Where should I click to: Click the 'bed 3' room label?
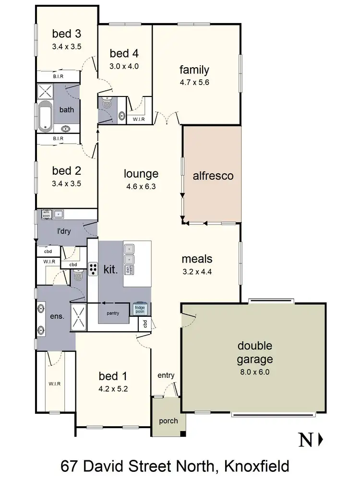click(67, 34)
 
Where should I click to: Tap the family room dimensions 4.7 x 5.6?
click(194, 82)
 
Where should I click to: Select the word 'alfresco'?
click(213, 176)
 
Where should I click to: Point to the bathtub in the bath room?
click(45, 117)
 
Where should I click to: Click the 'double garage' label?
click(255, 352)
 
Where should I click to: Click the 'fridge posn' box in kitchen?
click(140, 310)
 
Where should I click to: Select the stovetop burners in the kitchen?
click(93, 269)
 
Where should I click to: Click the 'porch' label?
click(168, 421)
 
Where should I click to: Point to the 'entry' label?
click(166, 375)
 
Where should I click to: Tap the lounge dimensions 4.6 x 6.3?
click(141, 185)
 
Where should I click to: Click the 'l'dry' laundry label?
click(64, 231)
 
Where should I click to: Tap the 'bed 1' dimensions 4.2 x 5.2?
click(113, 389)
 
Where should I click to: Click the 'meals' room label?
click(197, 259)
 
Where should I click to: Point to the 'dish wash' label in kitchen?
click(129, 269)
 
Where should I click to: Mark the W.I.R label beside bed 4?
click(139, 119)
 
